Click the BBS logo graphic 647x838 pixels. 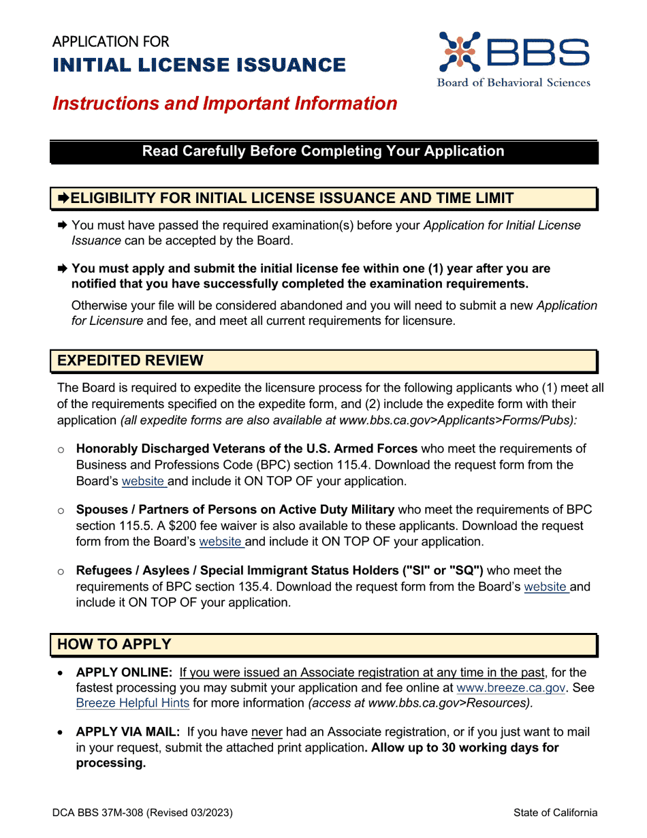pos(514,52)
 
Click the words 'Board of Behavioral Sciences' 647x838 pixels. pos(514,82)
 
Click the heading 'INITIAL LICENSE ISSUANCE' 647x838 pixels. pos(199,65)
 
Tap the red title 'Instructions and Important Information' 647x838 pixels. pos(225,104)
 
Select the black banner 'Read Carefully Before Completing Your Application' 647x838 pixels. pos(323,151)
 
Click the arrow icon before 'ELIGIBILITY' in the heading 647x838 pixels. pos(63,198)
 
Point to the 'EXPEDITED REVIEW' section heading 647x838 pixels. pos(130,360)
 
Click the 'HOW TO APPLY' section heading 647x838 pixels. pos(114,644)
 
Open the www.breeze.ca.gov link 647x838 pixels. pos(511,688)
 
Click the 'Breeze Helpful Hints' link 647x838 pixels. pos(133,703)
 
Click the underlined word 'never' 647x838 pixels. pos(266,732)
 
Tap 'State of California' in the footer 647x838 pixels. pos(556,813)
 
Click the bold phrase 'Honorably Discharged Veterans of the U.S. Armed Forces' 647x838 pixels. pos(247,449)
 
